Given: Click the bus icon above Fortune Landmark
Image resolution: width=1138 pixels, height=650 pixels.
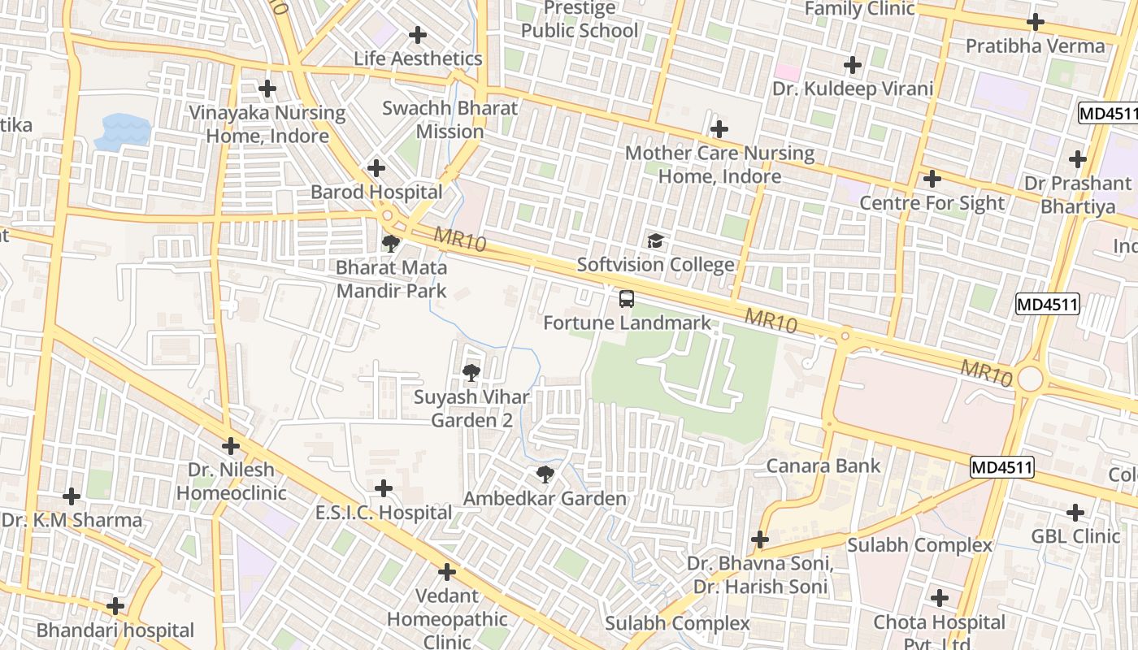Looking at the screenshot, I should point(626,298).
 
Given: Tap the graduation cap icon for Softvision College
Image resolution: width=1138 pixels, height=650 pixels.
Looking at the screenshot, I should point(655,240).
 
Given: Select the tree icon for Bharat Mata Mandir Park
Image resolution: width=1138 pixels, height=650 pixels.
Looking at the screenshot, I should point(391,243).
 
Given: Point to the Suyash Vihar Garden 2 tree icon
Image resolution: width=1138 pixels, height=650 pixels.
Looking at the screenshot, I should point(471,373).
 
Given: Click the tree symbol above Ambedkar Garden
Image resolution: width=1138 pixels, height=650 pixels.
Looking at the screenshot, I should point(545,474).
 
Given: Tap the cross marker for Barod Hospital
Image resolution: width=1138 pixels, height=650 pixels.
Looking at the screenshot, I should point(376,168).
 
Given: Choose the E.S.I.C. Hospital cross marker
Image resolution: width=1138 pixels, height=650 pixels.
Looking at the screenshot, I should point(383,488).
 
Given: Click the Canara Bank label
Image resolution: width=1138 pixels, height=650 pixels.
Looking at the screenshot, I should point(823,466).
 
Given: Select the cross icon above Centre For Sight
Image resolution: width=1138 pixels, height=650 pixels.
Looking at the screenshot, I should point(932,179).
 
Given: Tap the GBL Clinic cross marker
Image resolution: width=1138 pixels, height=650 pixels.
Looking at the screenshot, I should point(1075,513).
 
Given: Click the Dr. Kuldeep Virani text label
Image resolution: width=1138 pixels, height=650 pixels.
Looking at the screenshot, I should point(853,89).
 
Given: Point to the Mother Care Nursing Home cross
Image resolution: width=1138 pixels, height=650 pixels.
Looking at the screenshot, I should point(719,129).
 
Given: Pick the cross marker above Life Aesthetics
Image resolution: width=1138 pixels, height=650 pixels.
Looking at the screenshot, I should point(418,35).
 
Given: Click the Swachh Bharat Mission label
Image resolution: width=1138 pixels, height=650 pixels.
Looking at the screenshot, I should point(450,119).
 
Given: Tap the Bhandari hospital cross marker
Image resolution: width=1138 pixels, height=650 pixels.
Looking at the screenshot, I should point(115,606).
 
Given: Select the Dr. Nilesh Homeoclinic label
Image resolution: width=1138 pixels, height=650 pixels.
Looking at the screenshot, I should point(232,481).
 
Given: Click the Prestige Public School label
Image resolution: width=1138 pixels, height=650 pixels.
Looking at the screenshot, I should point(580,19).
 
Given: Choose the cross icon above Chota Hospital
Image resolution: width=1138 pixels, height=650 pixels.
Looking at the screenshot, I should point(940,598).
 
